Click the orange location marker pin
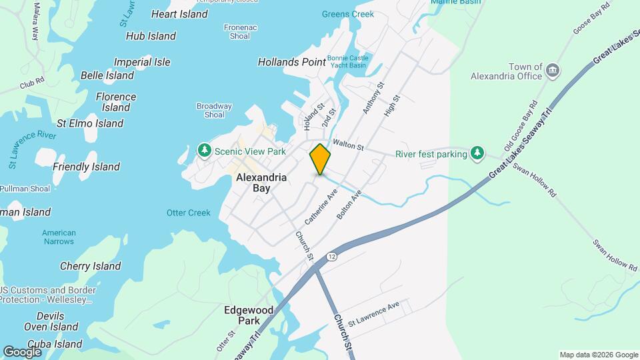coord(320,159)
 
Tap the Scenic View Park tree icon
coord(205,151)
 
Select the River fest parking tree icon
coord(477,154)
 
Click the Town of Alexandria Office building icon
coord(552,70)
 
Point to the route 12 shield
coord(331,256)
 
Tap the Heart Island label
coord(180,14)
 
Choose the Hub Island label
coord(151,36)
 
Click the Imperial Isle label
coord(142,62)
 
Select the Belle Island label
coord(107,75)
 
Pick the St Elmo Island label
coord(90,123)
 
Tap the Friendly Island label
coord(86,167)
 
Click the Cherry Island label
coord(91,266)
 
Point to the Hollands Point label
coord(292,62)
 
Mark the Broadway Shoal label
coord(214,110)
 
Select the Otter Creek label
coord(189,213)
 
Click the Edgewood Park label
coord(249,315)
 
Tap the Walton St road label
coord(348,145)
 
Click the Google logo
coord(22,352)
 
